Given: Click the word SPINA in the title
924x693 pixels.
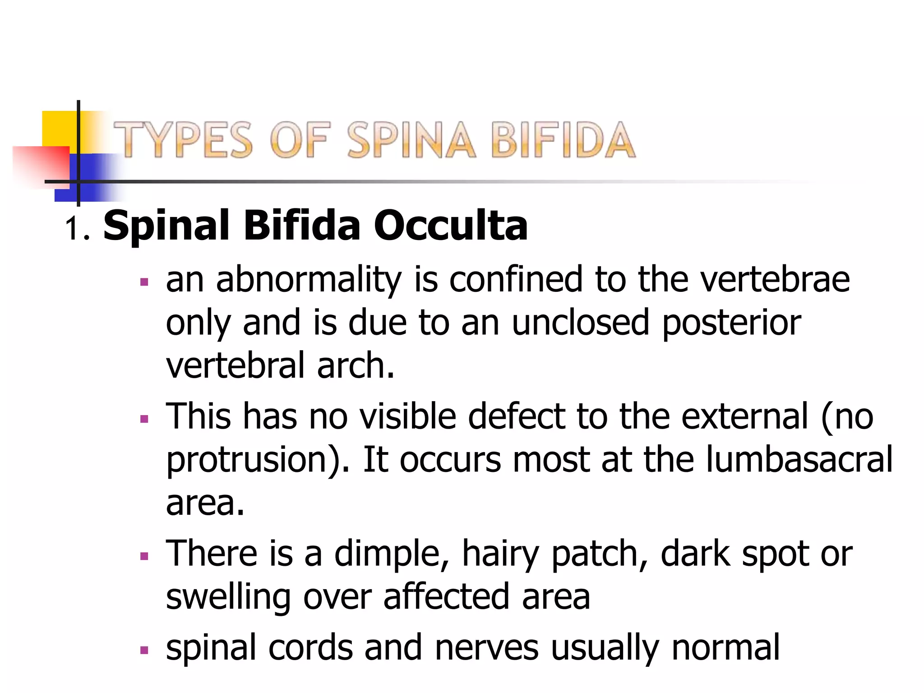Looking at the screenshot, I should pos(411,140).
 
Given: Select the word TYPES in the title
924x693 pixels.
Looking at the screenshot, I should pos(183,140).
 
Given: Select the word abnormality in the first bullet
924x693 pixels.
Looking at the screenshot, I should pos(309,280).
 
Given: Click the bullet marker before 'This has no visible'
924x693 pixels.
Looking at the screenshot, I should pos(144,419).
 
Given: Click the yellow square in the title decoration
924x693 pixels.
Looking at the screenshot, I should pos(59,128).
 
